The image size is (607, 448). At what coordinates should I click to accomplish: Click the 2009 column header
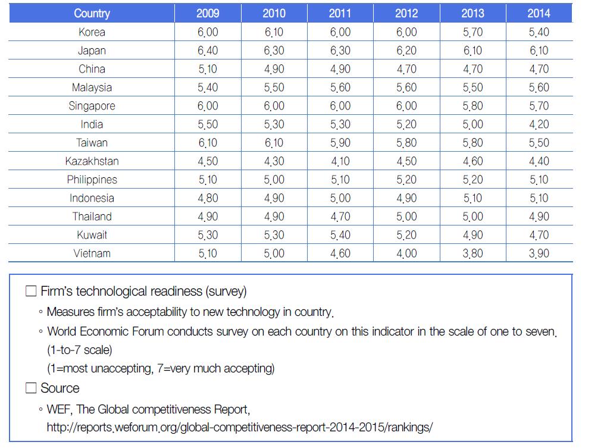pos(208,13)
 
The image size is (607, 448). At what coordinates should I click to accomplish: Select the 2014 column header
pos(539,13)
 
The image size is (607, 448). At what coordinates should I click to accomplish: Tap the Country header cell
pos(92,13)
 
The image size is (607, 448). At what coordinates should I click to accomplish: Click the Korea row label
pos(92,32)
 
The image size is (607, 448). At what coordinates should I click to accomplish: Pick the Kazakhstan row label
pos(92,161)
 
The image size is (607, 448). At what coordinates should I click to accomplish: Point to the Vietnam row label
pos(92,253)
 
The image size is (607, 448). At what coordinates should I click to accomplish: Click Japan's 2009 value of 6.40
pos(208,51)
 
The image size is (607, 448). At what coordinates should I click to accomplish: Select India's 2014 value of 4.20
pos(539,124)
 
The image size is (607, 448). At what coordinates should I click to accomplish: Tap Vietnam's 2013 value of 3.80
pos(473,253)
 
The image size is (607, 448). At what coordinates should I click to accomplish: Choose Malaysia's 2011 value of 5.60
pos(340,87)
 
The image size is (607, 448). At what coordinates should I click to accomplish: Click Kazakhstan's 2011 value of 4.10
pos(340,161)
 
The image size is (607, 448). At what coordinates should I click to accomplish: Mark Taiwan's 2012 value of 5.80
pos(406,143)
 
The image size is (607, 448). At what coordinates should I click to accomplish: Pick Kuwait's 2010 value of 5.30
pos(274,235)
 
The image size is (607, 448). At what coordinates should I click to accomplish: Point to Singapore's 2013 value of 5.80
pos(473,106)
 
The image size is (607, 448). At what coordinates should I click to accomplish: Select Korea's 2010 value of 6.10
pos(274,32)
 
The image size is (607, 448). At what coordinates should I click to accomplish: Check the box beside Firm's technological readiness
pos(31,292)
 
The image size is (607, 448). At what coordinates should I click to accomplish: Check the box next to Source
pos(31,389)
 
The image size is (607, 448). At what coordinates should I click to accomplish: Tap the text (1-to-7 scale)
pos(79,349)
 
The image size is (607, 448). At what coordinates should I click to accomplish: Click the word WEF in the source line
pos(58,409)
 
